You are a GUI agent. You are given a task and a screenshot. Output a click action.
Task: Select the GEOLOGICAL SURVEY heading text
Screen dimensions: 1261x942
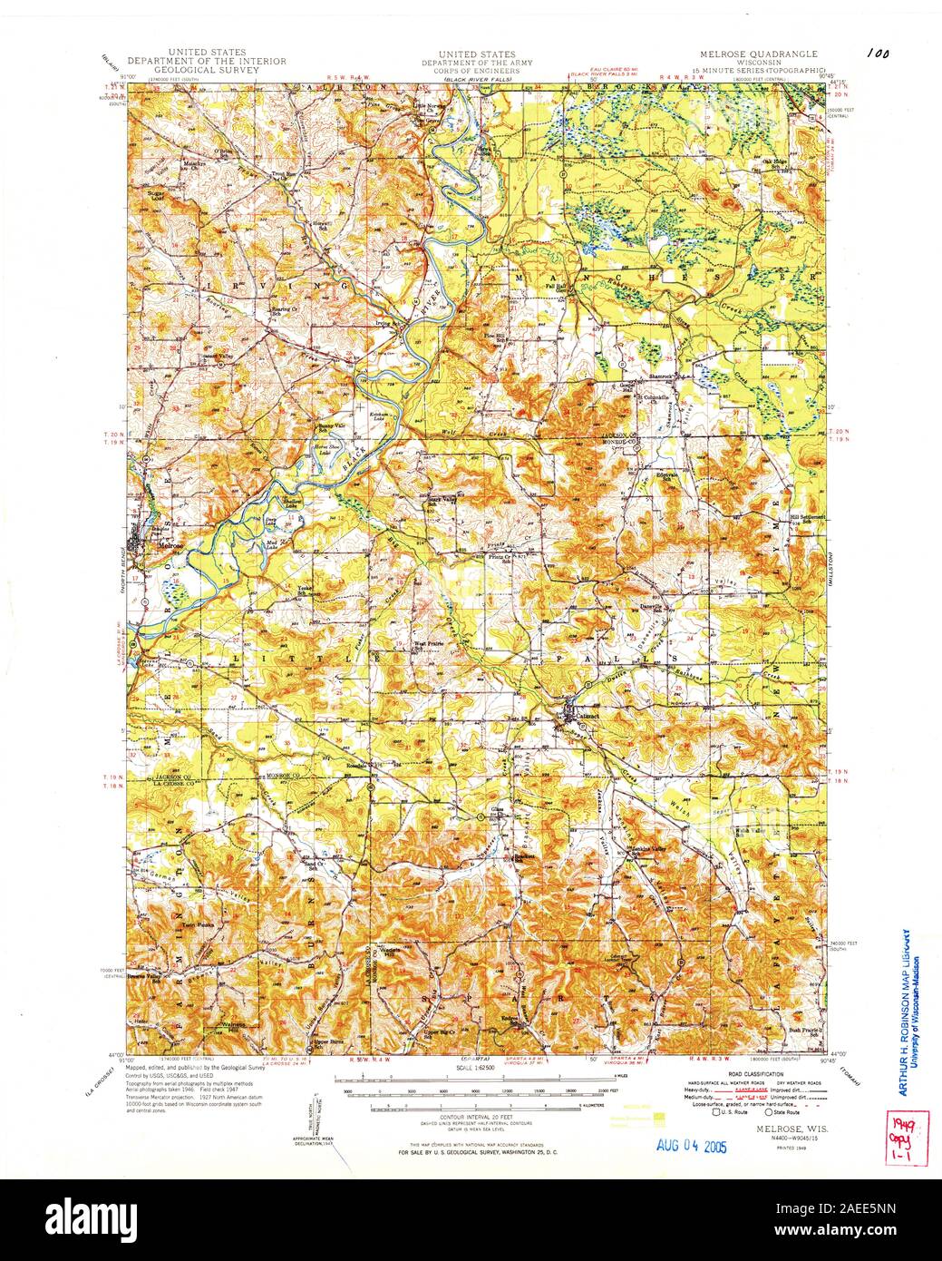point(206,69)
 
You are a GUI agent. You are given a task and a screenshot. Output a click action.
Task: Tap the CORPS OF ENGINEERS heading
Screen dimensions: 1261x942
point(476,69)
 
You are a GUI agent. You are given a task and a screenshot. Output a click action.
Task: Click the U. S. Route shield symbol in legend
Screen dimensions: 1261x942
point(716,1111)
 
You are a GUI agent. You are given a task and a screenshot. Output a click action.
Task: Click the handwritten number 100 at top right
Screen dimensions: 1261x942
point(877,54)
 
